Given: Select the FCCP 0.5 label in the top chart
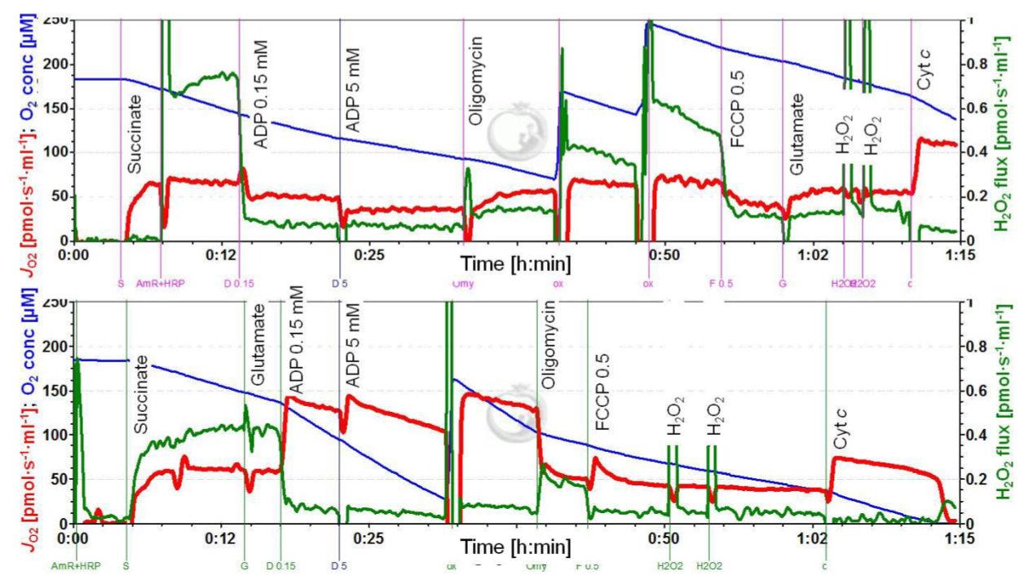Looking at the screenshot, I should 737,108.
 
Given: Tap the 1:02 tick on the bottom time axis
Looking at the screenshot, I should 811,538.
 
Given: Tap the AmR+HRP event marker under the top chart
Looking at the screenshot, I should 161,284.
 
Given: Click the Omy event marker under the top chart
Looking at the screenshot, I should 462,284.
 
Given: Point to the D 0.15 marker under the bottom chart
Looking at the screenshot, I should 281,565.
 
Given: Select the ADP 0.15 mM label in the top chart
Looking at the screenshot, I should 262,92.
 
